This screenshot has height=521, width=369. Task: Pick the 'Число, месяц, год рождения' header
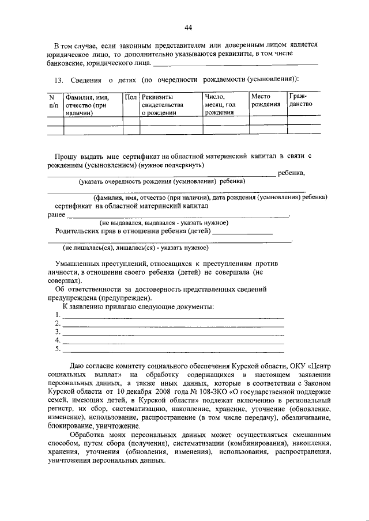pos(220,105)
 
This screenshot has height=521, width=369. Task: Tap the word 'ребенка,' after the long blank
pos(291,173)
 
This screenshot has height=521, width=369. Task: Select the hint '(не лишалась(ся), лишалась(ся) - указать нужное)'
pos(135,248)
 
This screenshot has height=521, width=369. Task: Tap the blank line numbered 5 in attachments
pos(173,349)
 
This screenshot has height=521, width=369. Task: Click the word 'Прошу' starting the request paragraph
pos(66,156)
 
